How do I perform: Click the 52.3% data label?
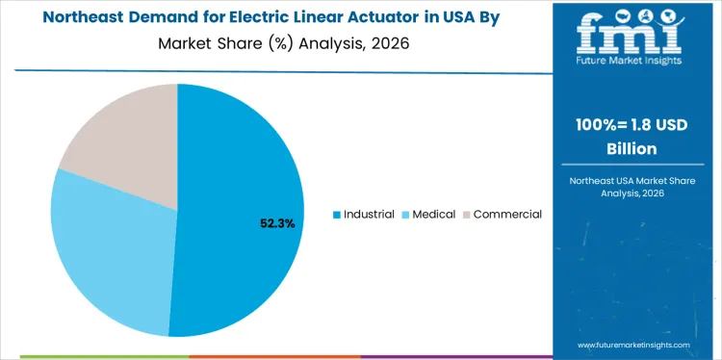[277, 223]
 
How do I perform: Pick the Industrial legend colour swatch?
[336, 215]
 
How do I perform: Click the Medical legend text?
[434, 214]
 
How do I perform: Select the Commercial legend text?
[507, 214]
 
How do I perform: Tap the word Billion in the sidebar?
[636, 149]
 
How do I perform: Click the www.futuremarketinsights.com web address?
[635, 344]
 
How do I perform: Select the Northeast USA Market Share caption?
[636, 180]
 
